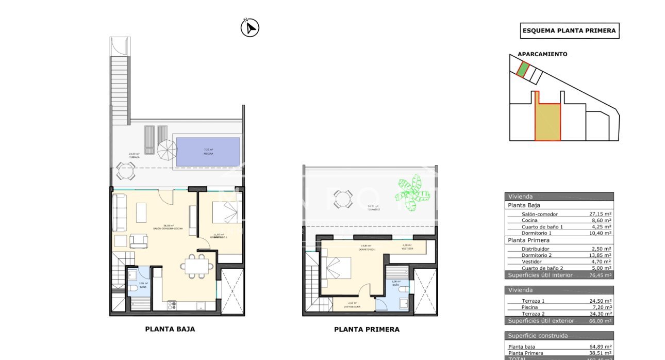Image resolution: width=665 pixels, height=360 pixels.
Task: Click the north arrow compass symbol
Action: pos(250,27)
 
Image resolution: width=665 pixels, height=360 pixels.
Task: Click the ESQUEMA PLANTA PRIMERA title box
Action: pos(569,30)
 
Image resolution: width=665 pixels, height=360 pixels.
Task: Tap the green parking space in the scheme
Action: pos(523,69)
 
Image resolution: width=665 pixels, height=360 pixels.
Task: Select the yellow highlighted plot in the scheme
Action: pos(547,122)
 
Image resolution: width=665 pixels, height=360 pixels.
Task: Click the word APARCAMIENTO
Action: pos(542,54)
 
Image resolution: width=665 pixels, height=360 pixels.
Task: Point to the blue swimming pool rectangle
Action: pos(208,152)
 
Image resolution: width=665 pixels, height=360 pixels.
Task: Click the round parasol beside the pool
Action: pos(167,150)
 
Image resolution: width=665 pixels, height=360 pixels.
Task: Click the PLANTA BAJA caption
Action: pos(170,329)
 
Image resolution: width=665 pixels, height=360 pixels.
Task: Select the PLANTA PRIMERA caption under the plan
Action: pos(367,330)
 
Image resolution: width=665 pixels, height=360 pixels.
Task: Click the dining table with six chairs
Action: pos(196,266)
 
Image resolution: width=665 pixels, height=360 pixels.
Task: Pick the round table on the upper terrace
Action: pos(342,199)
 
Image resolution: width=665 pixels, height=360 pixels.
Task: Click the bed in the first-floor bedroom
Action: pos(337,268)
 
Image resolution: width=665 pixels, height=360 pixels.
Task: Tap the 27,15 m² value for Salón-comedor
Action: pos(600,214)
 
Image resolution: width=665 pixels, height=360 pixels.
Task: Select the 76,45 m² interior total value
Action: pos(600,275)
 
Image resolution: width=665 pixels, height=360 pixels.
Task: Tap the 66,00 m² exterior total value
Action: pos(600,321)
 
